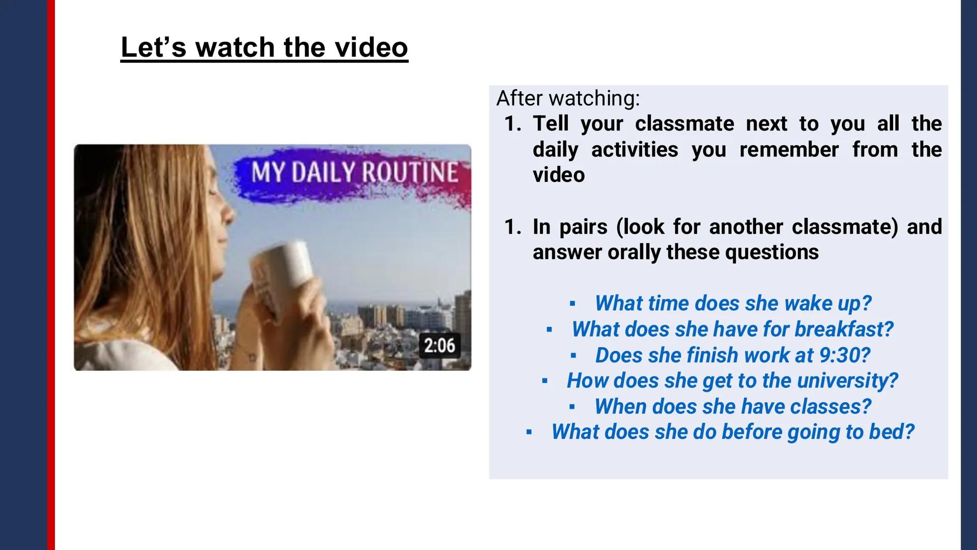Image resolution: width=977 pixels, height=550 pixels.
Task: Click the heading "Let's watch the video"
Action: click(264, 47)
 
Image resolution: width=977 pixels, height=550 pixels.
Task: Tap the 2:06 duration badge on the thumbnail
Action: click(440, 346)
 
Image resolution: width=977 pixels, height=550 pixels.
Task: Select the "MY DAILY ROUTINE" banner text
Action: click(354, 173)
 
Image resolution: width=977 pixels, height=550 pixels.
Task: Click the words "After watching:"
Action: click(568, 98)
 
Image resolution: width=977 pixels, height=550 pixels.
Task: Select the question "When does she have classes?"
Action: click(733, 406)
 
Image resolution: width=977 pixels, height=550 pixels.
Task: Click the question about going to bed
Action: click(733, 432)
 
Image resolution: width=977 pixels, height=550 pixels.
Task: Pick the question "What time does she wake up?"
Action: click(733, 304)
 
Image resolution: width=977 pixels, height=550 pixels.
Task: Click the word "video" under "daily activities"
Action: click(559, 175)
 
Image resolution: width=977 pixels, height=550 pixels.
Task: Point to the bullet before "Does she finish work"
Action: click(573, 355)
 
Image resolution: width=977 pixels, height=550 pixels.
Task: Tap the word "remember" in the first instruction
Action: click(789, 150)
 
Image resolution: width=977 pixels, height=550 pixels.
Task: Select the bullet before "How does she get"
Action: click(544, 381)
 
